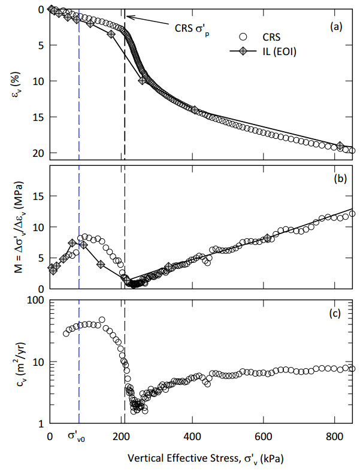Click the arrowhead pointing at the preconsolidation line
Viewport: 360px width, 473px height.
[128, 17]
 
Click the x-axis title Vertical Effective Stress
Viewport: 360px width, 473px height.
[205, 460]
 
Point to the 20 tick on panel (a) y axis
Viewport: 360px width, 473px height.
[37, 153]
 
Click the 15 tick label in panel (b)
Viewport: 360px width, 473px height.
[37, 196]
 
